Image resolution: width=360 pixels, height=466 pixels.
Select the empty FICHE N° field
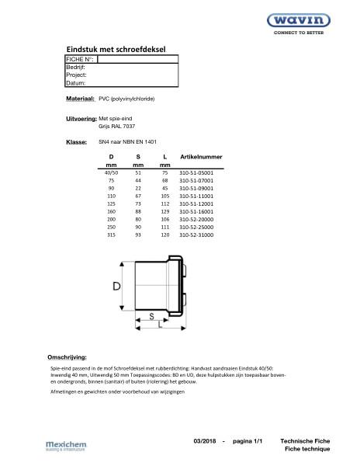tap(137, 59)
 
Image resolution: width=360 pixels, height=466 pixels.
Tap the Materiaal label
tap(81, 99)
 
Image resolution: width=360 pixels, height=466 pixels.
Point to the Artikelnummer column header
tap(201, 157)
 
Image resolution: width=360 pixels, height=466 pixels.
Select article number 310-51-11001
tap(196, 197)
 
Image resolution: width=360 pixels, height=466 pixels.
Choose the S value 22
tap(138, 190)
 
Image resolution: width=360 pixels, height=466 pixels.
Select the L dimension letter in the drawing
tap(159, 326)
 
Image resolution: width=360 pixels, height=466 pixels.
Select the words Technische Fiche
tap(306, 440)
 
